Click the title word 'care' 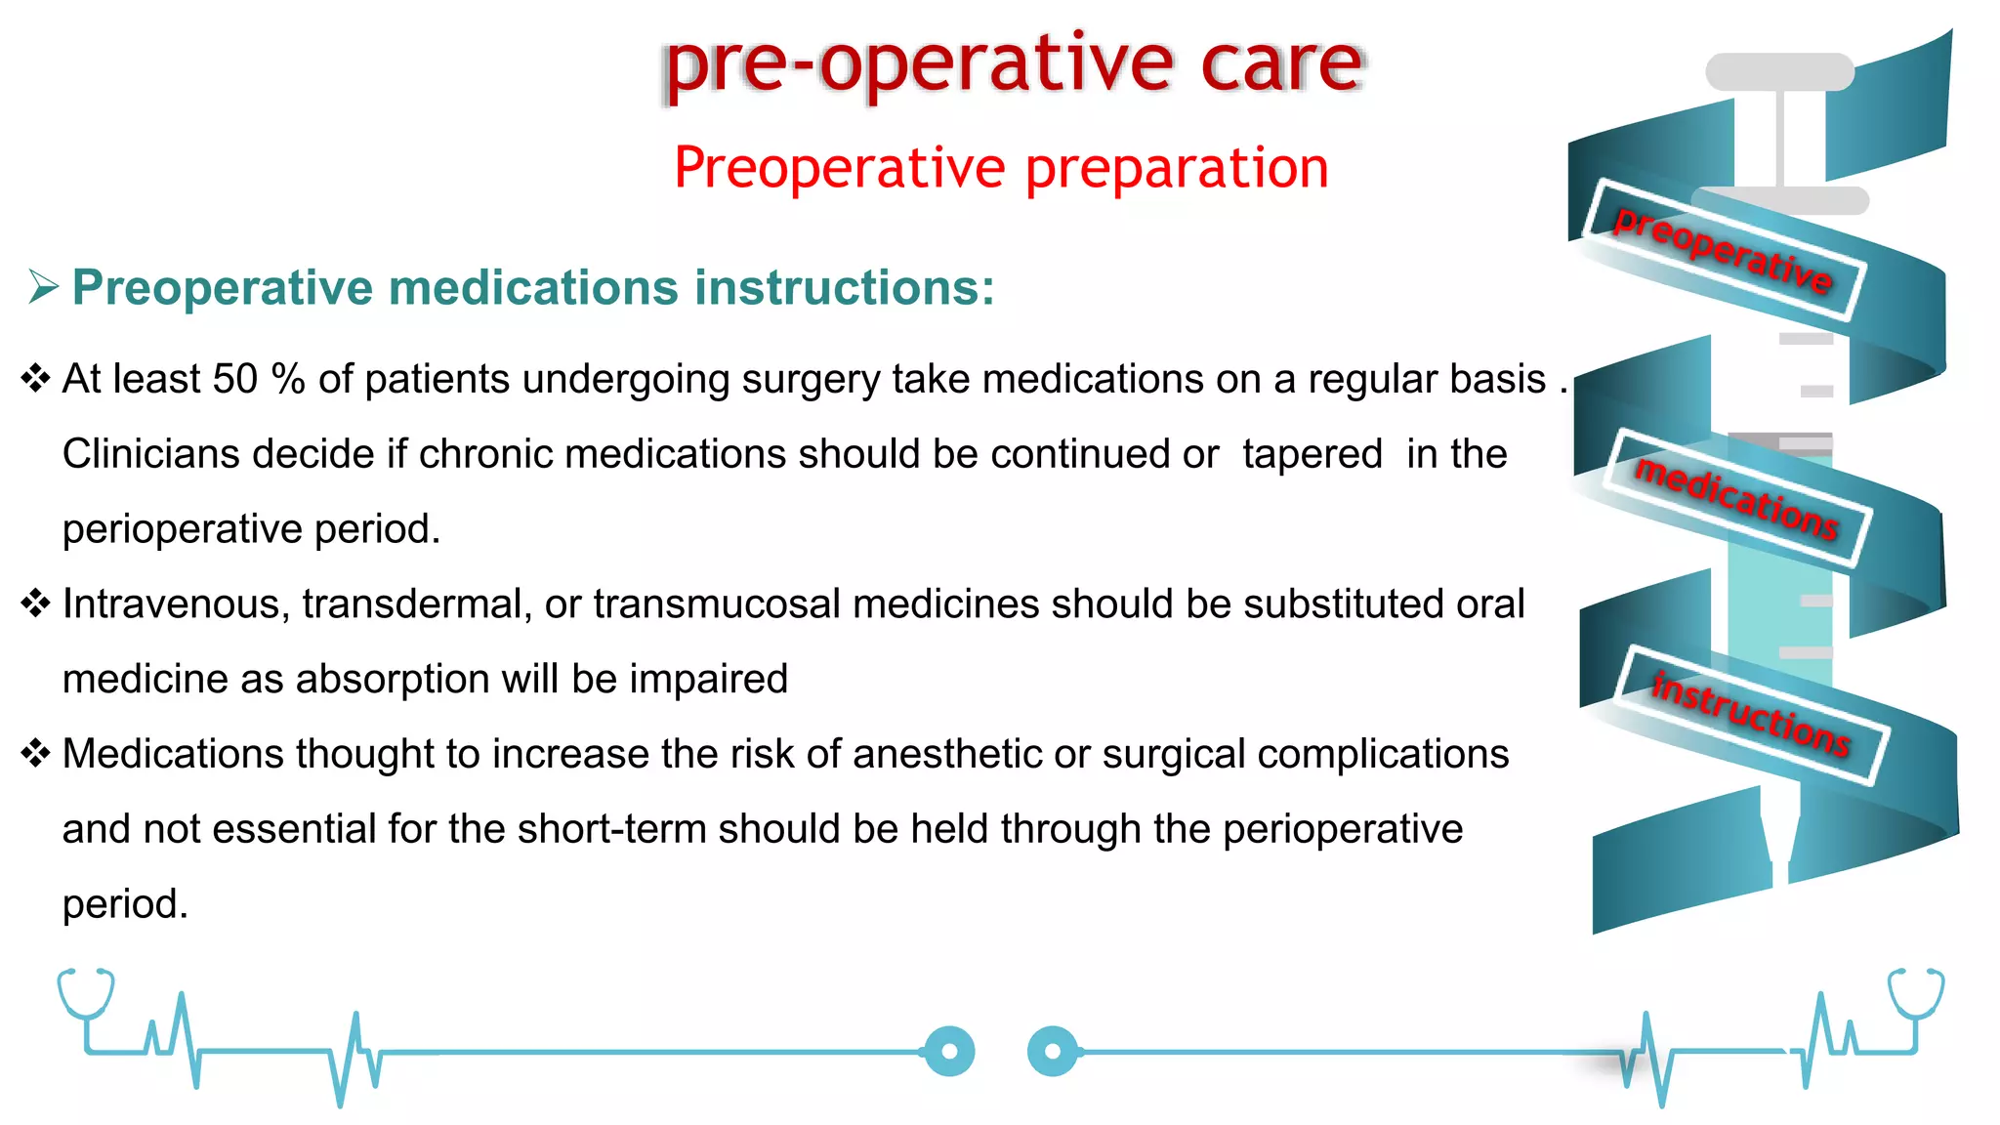[x=1280, y=64]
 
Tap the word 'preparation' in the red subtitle [x=1177, y=168]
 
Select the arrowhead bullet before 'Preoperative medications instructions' [x=44, y=287]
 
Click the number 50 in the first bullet [x=234, y=379]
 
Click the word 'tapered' [x=1312, y=454]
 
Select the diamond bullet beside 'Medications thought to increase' [x=35, y=753]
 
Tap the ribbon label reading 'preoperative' [x=1723, y=250]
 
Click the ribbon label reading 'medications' [x=1737, y=499]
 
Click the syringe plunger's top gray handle [x=1779, y=72]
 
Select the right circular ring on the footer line [x=1053, y=1052]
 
